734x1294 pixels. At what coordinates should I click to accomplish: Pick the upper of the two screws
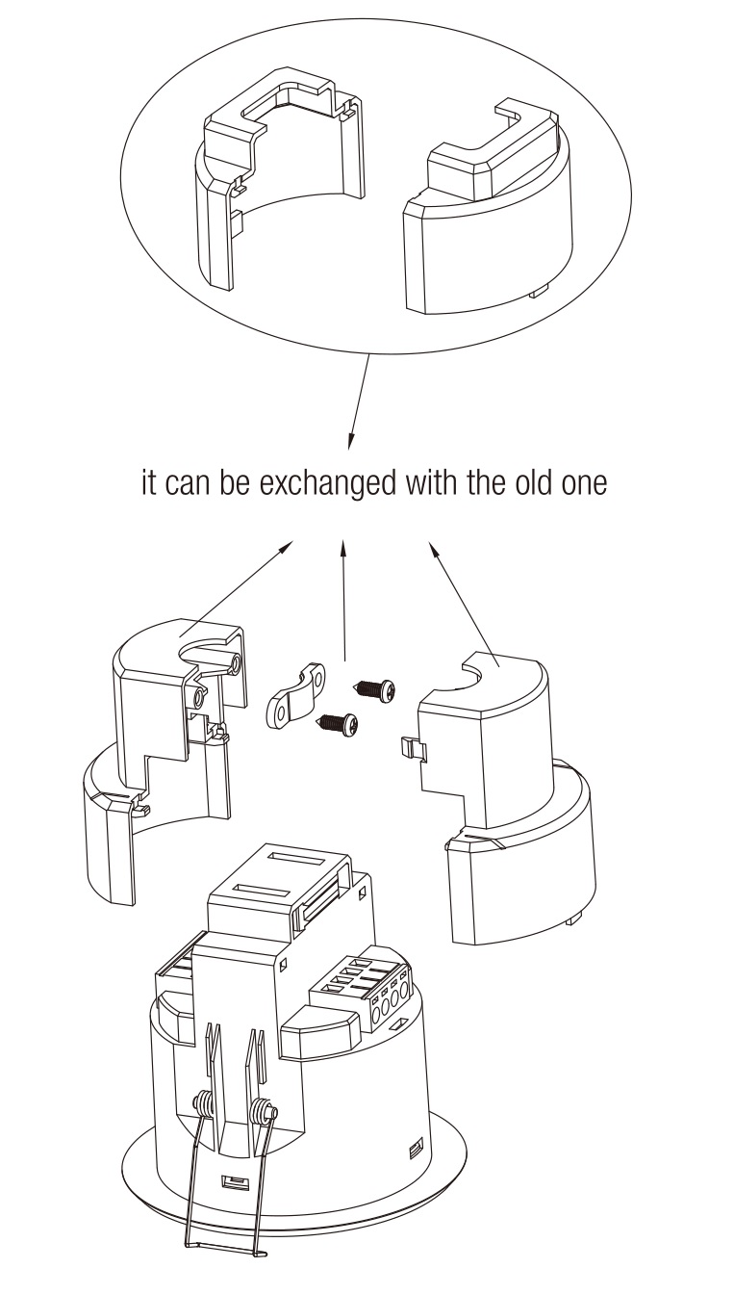(375, 688)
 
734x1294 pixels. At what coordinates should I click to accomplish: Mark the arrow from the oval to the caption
(359, 400)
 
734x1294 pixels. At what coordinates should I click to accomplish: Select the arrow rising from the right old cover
(459, 597)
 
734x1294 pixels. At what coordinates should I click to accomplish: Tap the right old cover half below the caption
(510, 789)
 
